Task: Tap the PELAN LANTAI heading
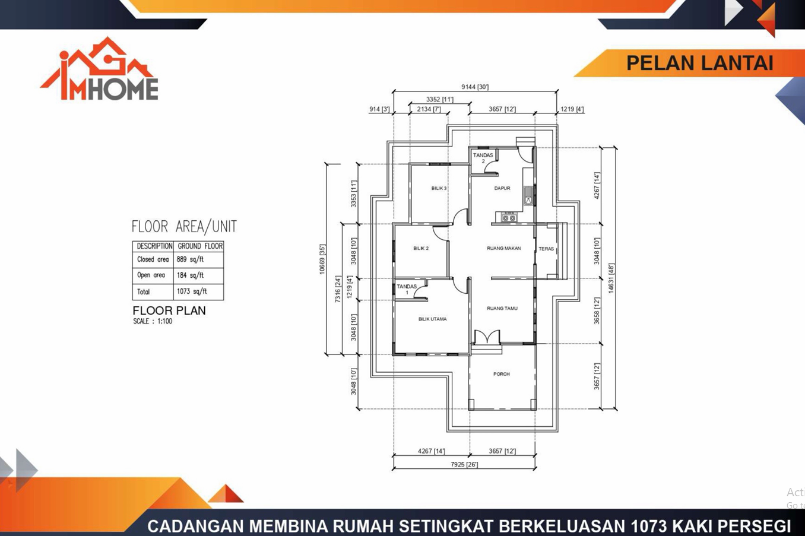click(699, 64)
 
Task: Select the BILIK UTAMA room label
click(432, 319)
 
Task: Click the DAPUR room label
click(502, 188)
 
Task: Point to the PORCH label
click(501, 374)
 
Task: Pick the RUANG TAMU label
click(502, 309)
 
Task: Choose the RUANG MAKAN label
click(503, 249)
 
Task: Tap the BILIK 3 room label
click(439, 189)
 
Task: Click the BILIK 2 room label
click(421, 249)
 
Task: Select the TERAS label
click(546, 249)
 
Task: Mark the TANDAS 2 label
click(483, 158)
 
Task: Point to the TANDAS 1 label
click(407, 289)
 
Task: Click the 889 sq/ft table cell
click(190, 259)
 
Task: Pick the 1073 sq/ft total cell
click(192, 291)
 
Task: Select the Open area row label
click(151, 275)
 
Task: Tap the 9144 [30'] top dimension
click(474, 87)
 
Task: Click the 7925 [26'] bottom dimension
click(464, 464)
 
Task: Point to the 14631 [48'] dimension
click(611, 278)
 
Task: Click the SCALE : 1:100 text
click(153, 322)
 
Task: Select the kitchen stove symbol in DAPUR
click(509, 218)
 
